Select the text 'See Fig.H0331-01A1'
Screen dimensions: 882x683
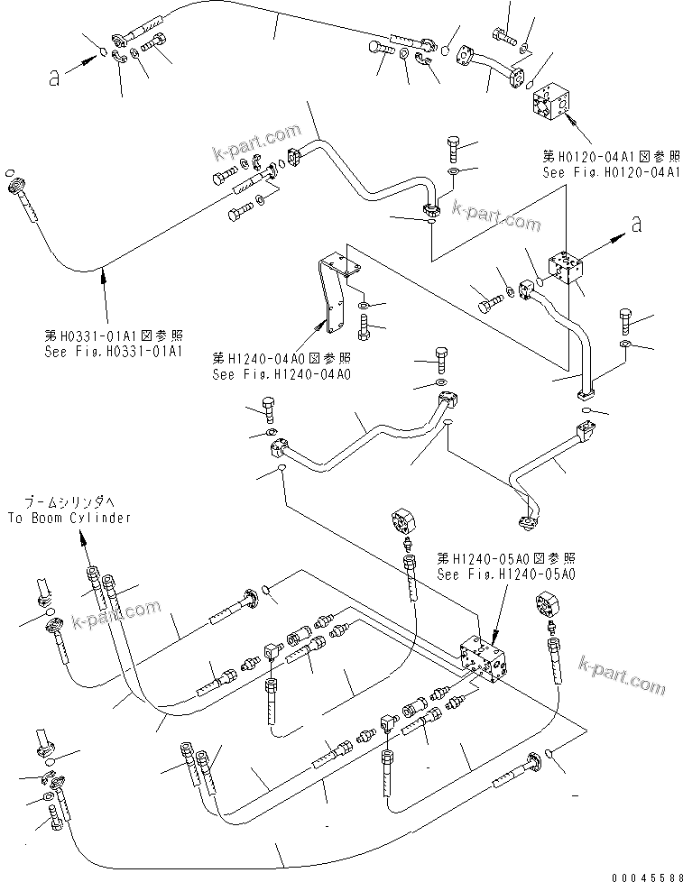[114, 351]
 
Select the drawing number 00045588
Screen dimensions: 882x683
[642, 874]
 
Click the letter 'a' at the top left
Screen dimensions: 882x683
[55, 78]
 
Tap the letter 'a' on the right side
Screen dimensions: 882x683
[637, 225]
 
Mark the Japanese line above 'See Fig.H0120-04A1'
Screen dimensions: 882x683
[610, 155]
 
